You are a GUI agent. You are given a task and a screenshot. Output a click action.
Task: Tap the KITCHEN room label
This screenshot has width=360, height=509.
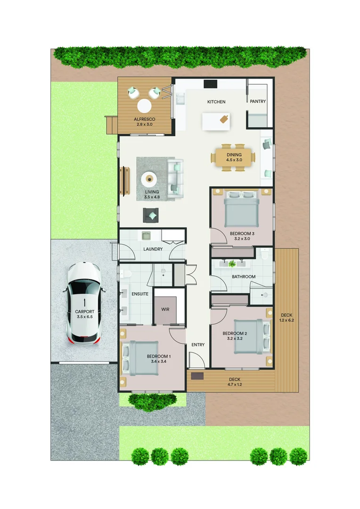(x=216, y=102)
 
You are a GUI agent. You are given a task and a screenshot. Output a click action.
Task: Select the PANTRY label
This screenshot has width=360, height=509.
(x=258, y=101)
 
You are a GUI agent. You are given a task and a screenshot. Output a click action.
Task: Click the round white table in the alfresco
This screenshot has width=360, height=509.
(x=144, y=105)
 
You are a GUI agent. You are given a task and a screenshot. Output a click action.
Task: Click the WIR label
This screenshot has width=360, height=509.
(x=165, y=310)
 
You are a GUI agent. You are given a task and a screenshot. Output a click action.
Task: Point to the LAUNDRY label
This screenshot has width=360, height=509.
(x=153, y=249)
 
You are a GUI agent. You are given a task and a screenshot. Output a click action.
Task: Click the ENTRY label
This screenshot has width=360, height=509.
(x=198, y=345)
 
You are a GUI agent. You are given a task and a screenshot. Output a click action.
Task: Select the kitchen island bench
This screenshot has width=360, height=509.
(x=217, y=121)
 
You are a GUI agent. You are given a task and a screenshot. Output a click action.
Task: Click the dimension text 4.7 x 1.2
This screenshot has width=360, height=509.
(x=235, y=385)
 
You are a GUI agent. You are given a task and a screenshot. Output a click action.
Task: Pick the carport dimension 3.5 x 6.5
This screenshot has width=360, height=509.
(x=85, y=317)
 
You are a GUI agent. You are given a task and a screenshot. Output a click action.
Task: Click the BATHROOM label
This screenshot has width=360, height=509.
(x=243, y=277)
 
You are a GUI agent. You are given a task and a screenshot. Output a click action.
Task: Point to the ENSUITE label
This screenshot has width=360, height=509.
(x=140, y=294)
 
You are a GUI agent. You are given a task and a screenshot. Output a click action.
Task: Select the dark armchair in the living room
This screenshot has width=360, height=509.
(x=152, y=215)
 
